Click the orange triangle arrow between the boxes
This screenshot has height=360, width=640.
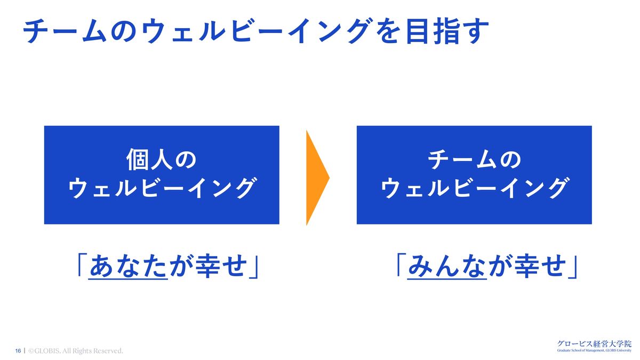pyautogui.click(x=316, y=178)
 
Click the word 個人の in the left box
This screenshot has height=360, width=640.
pyautogui.click(x=162, y=159)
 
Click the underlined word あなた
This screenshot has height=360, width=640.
pyautogui.click(x=127, y=266)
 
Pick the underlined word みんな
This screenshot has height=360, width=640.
pyautogui.click(x=447, y=266)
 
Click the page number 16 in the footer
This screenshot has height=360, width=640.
pyautogui.click(x=18, y=350)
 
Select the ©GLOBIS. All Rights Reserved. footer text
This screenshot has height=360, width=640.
pyautogui.click(x=76, y=350)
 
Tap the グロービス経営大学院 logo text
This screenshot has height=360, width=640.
pyautogui.click(x=594, y=343)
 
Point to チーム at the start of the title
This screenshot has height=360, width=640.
pyautogui.click(x=65, y=31)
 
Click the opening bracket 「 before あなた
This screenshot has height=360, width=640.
pyautogui.click(x=82, y=265)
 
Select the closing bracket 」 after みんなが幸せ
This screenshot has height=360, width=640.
pyautogui.click(x=573, y=267)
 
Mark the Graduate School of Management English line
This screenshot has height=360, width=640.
pyautogui.click(x=594, y=350)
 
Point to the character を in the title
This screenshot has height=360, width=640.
pyautogui.click(x=389, y=31)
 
